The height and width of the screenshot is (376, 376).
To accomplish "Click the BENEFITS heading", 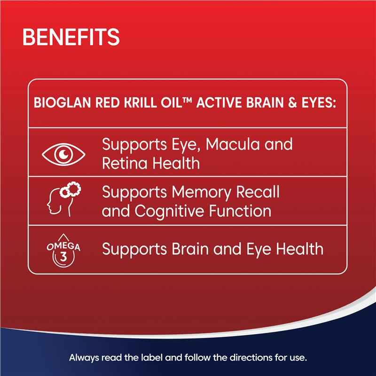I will [70, 36].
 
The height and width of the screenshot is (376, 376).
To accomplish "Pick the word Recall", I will [256, 192].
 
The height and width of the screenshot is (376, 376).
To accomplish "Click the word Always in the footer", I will [83, 358].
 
